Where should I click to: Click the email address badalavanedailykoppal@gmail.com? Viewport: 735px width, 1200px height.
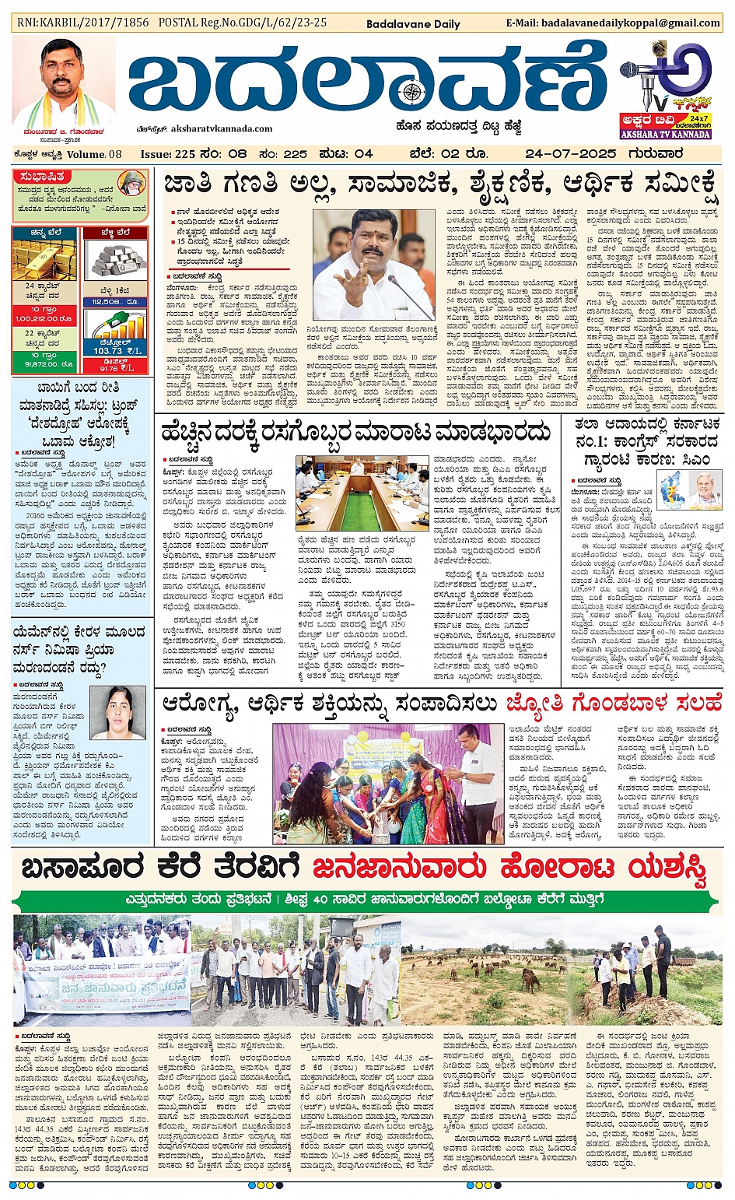[613, 23]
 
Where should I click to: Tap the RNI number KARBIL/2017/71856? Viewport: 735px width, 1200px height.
[82, 23]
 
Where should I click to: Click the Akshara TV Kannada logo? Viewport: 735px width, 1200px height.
[665, 90]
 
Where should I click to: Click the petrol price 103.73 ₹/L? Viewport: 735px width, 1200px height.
[116, 351]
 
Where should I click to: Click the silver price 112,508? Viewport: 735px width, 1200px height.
[114, 302]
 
